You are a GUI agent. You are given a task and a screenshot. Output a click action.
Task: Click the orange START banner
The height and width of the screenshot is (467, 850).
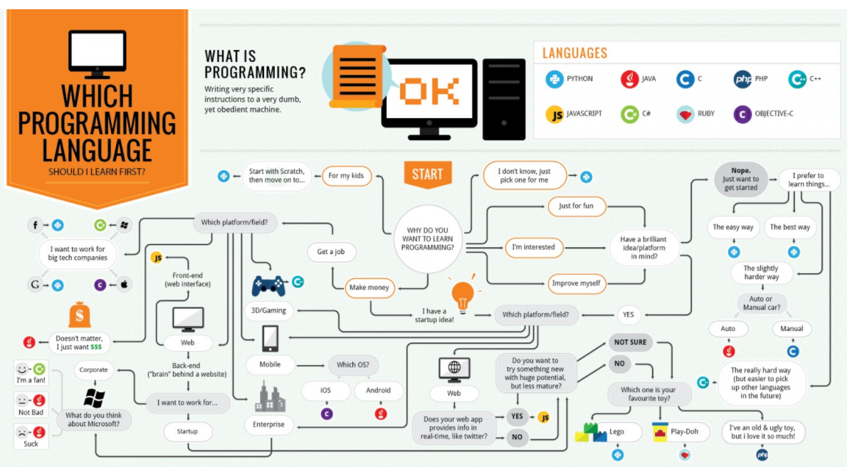(427, 174)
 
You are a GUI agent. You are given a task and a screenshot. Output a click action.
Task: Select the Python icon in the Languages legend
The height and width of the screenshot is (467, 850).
(555, 79)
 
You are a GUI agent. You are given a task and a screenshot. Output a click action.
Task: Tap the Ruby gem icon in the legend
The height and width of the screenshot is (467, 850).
(686, 114)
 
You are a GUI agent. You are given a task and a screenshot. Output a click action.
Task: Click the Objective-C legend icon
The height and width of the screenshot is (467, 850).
(743, 114)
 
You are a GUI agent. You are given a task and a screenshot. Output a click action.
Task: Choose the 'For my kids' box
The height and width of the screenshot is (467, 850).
(347, 175)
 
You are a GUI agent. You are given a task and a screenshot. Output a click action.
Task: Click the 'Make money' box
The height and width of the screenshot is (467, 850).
(369, 288)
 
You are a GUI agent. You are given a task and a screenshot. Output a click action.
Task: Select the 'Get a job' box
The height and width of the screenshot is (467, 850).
(332, 251)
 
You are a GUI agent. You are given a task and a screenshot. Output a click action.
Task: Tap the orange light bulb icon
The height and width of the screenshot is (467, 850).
(463, 295)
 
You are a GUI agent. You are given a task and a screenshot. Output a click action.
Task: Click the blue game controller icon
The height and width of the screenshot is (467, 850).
(269, 285)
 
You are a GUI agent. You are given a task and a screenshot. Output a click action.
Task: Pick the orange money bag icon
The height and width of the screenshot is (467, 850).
(79, 313)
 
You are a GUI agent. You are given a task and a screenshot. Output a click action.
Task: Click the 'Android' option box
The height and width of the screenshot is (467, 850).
(378, 390)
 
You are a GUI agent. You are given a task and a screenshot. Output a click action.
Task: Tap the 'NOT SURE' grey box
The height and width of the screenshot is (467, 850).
(630, 342)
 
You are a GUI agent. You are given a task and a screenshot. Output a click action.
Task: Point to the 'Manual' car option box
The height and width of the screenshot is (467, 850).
(792, 329)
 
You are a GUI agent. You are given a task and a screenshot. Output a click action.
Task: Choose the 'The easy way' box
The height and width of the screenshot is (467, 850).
(733, 227)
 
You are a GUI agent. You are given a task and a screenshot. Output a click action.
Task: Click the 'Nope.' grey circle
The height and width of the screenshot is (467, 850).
(741, 179)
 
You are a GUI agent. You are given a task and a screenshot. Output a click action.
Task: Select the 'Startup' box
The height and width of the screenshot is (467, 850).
(188, 431)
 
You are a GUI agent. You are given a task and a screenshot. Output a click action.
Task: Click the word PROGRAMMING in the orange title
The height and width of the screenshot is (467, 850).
(97, 123)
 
